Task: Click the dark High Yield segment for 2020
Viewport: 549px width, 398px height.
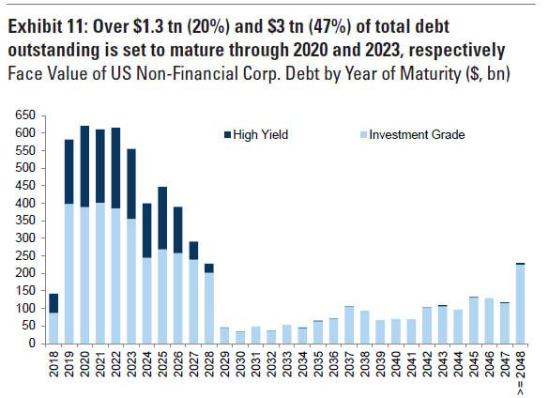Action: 84,166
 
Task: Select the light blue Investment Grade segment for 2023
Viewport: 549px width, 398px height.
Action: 131,281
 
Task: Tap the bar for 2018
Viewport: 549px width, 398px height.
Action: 53,318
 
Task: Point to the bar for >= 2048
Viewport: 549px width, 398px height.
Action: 521,303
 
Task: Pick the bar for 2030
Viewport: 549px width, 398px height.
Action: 240,337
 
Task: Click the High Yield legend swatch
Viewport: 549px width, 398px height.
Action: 228,134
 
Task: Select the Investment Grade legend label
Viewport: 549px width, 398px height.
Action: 417,134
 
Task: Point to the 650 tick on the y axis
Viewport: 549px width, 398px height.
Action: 25,115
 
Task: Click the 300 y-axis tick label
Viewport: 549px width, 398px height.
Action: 25,238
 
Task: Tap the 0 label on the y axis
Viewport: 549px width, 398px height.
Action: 32,344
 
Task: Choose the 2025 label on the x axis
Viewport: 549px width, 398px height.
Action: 162,364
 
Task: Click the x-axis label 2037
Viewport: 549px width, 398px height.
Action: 349,364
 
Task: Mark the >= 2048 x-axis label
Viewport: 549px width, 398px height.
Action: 521,374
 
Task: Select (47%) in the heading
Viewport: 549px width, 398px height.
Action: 329,27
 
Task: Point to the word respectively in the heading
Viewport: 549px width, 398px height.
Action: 457,51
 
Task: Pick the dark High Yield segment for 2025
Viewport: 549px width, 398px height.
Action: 162,218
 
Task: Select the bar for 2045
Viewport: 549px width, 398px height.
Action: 474,320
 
